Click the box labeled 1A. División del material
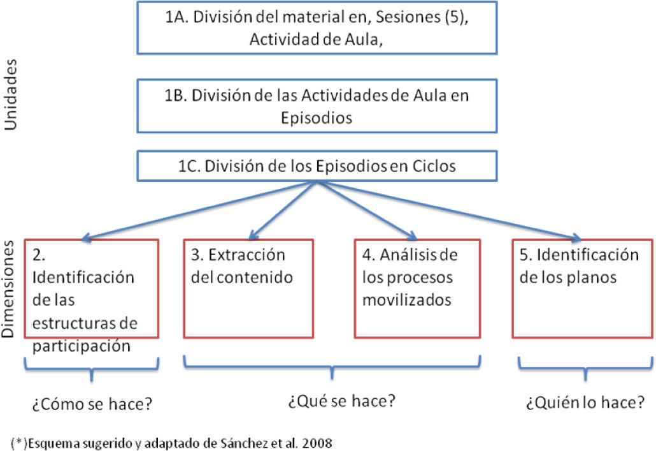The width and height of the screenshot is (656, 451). (316, 28)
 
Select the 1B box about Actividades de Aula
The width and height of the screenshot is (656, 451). (316, 107)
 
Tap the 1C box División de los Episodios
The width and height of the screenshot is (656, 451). (316, 167)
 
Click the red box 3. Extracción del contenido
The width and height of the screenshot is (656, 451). (248, 288)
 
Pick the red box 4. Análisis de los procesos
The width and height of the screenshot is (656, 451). (418, 288)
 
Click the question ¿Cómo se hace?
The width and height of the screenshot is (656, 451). (91, 404)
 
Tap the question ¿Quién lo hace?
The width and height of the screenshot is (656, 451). (585, 403)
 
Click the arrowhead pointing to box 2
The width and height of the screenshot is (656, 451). (85, 239)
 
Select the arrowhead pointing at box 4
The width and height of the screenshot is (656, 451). (413, 235)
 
